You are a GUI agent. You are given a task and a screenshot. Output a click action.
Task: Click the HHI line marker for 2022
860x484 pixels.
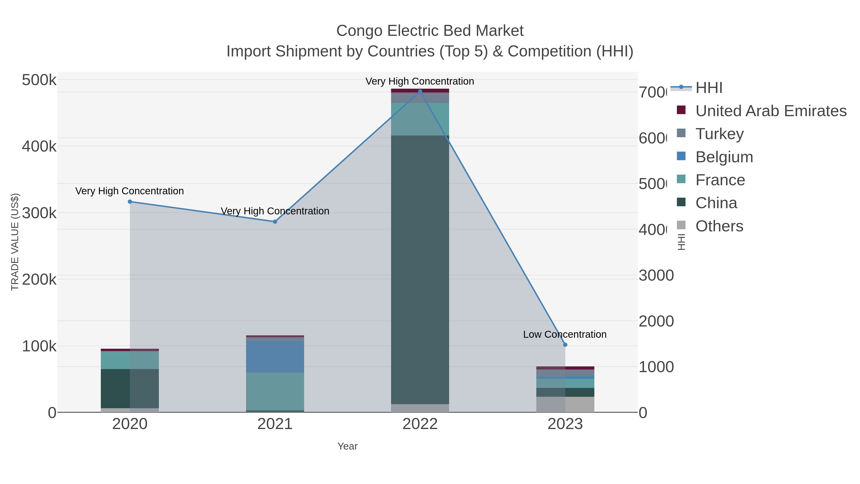click(420, 91)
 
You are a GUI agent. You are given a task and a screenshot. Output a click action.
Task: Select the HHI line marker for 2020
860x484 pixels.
click(130, 202)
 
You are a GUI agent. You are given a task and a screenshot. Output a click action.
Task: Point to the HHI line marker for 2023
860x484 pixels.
click(565, 345)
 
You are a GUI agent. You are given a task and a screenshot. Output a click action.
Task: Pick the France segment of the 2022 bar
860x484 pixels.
click(420, 119)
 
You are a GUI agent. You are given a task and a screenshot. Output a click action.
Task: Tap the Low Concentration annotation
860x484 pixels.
click(564, 334)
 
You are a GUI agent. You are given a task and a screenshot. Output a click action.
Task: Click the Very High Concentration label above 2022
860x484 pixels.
click(420, 81)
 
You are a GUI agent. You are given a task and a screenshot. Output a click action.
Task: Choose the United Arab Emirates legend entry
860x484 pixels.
click(771, 111)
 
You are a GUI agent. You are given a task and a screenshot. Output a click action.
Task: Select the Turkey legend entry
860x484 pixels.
click(720, 134)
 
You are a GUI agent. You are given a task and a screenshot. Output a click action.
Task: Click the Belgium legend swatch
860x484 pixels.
click(681, 156)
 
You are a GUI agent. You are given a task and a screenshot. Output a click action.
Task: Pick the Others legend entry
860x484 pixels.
click(719, 226)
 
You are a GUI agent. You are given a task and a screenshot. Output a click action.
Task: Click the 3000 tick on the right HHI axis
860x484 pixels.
click(656, 276)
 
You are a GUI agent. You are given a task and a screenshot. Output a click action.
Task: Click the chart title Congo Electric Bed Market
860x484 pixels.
click(430, 31)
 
